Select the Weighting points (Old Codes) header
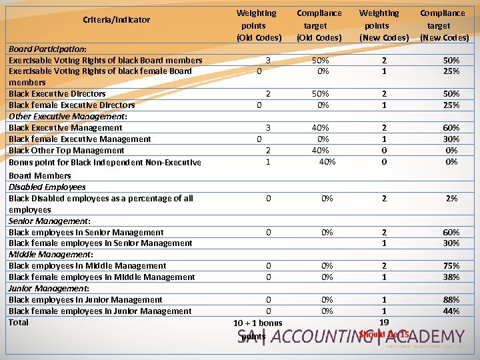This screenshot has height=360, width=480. [259, 25]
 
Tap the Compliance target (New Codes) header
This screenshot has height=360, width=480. [443, 25]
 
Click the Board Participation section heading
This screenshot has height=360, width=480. [47, 49]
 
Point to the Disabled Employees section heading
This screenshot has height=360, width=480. [47, 187]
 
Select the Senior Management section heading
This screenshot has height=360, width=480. [50, 221]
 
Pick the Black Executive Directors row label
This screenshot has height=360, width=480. [57, 93]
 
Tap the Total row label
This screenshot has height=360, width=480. [19, 322]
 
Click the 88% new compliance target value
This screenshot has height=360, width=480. [451, 299]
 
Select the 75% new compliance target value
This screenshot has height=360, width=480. [451, 265]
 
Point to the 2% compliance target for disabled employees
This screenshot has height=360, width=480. [451, 198]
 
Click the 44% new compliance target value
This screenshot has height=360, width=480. [451, 311]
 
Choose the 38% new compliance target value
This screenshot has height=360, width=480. [451, 277]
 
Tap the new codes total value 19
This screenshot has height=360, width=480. [384, 322]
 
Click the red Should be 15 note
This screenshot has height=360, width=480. [384, 333]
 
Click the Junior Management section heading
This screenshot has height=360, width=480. [49, 288]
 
